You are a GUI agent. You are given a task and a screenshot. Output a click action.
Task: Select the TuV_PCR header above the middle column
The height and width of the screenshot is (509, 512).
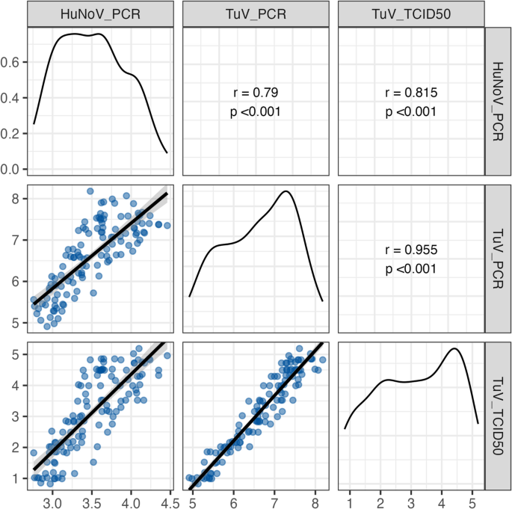point(254,14)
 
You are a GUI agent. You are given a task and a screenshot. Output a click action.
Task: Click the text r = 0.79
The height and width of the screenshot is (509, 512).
point(254,94)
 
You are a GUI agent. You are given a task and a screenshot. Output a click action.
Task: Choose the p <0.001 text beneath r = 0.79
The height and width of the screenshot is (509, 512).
point(254,112)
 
